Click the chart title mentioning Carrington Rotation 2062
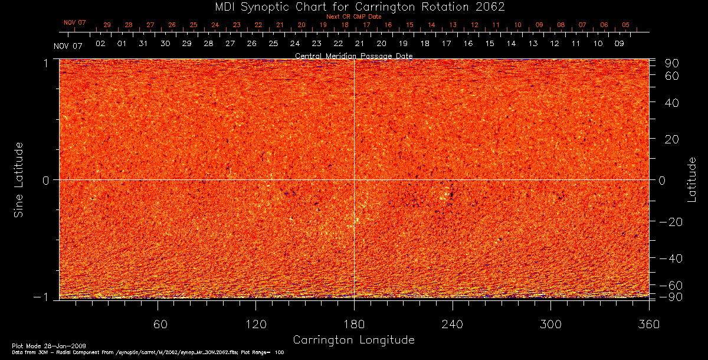point(354,7)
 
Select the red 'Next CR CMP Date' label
point(353,17)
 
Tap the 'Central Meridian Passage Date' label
point(353,56)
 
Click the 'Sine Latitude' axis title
point(19,179)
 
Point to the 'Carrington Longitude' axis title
point(353,340)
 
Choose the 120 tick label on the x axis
point(256,325)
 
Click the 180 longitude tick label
point(354,325)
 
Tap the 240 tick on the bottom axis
point(453,325)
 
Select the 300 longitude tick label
point(550,325)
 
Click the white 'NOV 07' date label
point(67,45)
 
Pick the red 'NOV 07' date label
point(75,23)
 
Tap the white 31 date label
point(143,44)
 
